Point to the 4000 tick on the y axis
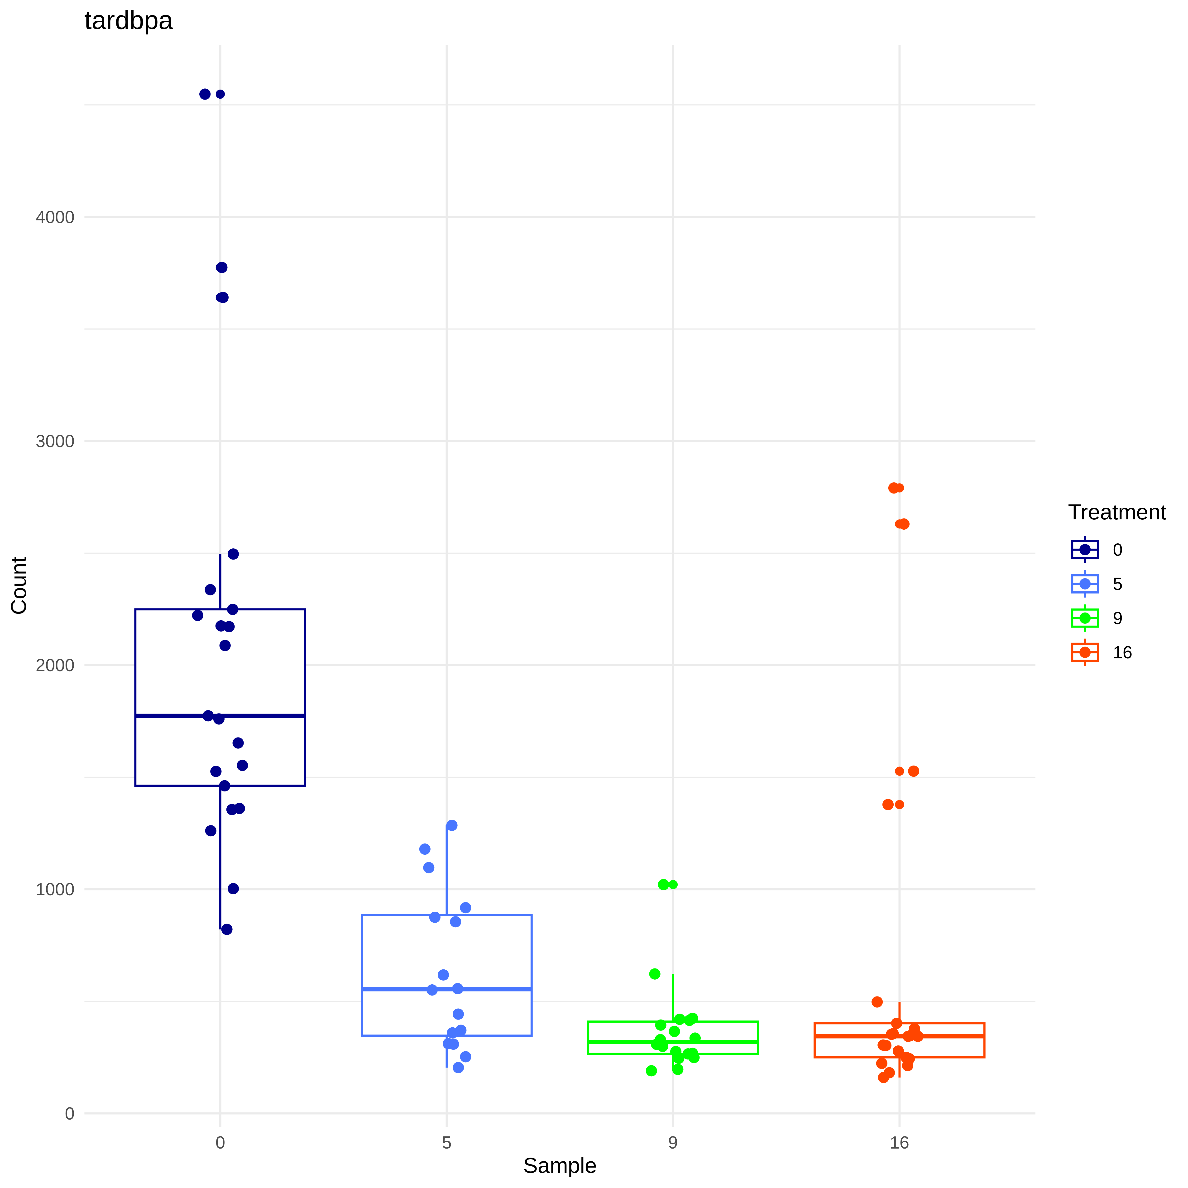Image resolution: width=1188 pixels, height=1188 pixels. (x=55, y=217)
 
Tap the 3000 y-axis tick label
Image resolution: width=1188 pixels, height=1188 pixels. (x=55, y=441)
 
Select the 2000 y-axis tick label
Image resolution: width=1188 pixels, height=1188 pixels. (x=55, y=665)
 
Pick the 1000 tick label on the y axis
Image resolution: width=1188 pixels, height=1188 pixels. (x=55, y=889)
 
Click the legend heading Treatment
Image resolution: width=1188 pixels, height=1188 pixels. (x=1117, y=512)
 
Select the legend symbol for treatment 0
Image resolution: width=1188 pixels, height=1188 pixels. (x=1085, y=550)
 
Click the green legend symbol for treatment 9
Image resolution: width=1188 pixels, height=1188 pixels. (x=1085, y=618)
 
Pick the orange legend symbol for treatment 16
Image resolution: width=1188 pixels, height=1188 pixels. (x=1085, y=652)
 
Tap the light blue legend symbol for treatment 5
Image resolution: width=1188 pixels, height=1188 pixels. (x=1085, y=584)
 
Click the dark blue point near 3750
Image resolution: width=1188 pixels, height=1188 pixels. (x=221, y=268)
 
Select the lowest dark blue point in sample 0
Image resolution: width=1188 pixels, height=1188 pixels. (x=226, y=929)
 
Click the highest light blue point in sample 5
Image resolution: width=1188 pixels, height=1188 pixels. (x=451, y=825)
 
